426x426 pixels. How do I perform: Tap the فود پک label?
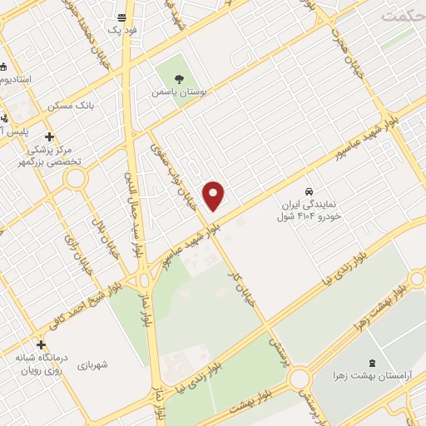pyautogui.click(x=122, y=29)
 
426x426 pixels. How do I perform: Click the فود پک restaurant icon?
pyautogui.click(x=122, y=17)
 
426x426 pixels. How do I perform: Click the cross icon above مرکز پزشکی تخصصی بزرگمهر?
pyautogui.click(x=49, y=136)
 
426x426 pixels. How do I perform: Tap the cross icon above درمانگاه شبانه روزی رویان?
pyautogui.click(x=41, y=344)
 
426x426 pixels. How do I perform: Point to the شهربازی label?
pyautogui.click(x=93, y=364)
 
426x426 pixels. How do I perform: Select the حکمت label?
pyautogui.click(x=404, y=15)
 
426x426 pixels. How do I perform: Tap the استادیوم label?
pyautogui.click(x=16, y=79)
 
